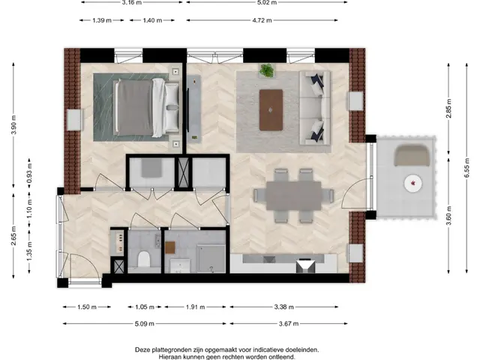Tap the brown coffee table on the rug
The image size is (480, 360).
click(270, 109)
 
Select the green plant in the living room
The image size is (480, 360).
click(266, 71)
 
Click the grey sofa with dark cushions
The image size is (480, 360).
click(312, 109)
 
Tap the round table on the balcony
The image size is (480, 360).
click(412, 182)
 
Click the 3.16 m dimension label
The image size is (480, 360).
click(131, 3)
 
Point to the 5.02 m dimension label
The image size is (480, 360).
click(265, 3)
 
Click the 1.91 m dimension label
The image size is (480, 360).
click(196, 307)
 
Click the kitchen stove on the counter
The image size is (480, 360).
click(304, 265)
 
